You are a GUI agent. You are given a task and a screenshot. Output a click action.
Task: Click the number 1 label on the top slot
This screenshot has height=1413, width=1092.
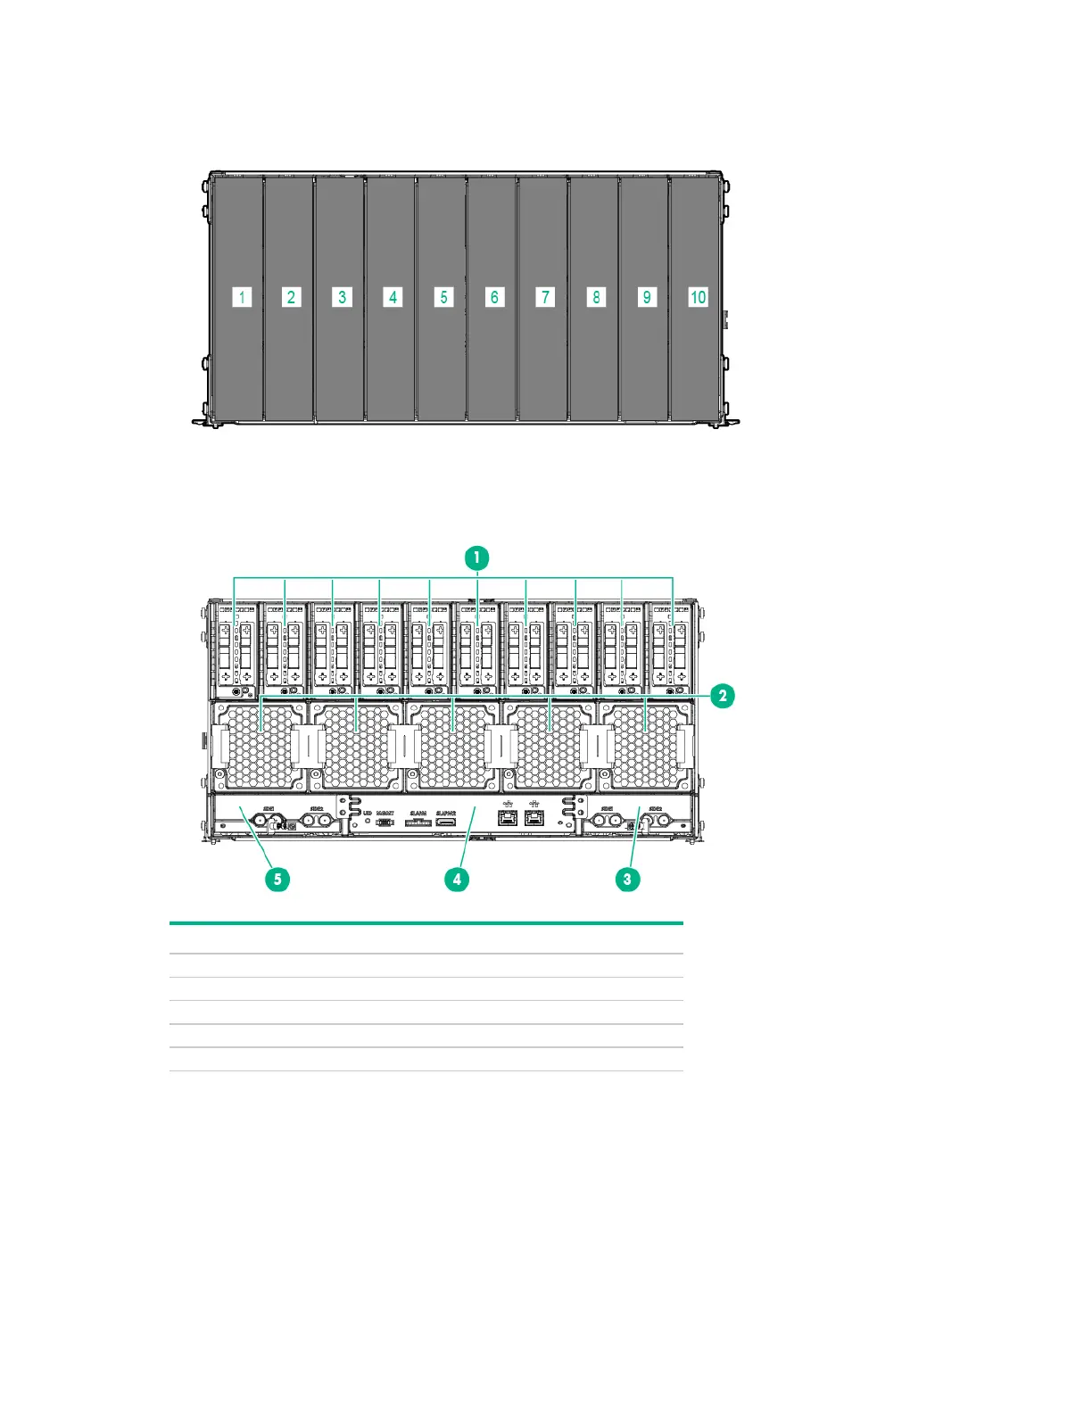tap(242, 297)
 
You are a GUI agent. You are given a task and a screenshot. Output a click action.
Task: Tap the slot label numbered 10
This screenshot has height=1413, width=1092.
tap(698, 297)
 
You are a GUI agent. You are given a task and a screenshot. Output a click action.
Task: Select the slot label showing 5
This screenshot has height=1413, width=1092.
tap(444, 297)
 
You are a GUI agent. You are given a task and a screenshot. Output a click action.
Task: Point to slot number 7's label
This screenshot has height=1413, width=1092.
tap(546, 297)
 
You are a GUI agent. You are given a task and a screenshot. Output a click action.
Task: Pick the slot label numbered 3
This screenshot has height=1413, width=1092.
tap(343, 297)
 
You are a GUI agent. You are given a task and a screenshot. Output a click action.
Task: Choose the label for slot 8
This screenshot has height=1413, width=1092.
tap(597, 297)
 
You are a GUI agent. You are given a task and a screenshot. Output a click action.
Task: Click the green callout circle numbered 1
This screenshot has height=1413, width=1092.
tap(476, 558)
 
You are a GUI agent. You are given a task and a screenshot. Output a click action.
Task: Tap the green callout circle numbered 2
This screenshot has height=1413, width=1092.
tap(722, 696)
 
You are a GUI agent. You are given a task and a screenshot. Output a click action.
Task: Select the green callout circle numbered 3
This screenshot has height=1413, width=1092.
tap(627, 879)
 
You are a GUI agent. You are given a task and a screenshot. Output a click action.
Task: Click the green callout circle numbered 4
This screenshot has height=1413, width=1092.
tap(457, 879)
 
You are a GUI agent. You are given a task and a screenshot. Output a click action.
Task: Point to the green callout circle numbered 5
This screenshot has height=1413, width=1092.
tap(277, 879)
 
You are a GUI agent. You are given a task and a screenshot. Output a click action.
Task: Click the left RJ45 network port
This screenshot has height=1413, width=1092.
tap(508, 816)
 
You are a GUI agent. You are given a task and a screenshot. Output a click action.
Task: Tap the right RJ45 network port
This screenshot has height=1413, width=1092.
tap(534, 816)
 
